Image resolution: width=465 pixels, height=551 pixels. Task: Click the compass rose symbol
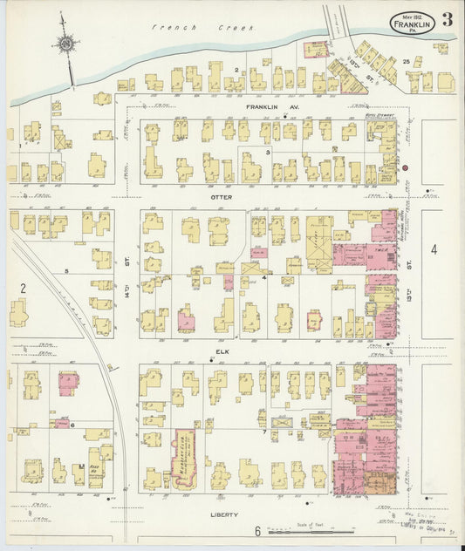(65, 42)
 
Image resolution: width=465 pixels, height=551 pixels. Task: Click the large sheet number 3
(446, 20)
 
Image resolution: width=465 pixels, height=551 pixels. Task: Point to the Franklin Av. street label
(260, 106)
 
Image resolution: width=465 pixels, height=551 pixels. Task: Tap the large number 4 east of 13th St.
(434, 249)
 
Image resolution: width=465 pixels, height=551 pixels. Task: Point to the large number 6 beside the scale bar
(258, 530)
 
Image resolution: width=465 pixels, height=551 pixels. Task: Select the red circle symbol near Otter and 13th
(406, 166)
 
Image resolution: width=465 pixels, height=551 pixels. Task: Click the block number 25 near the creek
(407, 61)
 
